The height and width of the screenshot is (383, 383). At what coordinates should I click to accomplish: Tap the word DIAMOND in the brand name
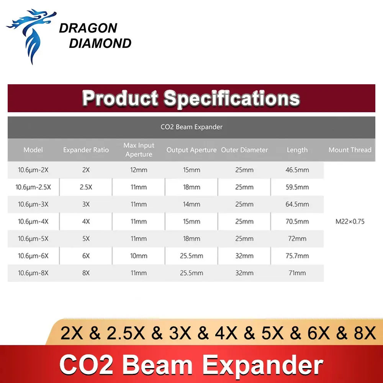coord(100,44)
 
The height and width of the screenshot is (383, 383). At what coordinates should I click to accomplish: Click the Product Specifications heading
coord(191,98)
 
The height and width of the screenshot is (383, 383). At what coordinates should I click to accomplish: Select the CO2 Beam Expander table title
coord(191,127)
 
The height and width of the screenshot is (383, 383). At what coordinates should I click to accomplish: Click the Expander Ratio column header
coord(86,150)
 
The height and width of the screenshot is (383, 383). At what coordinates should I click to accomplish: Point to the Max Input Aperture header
coord(139,150)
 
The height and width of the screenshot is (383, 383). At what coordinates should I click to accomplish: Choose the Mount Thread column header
coord(350,150)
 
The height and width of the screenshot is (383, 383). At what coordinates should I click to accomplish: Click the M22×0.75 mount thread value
coord(350,221)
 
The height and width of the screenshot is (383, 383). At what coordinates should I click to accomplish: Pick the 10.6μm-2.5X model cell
coord(33,187)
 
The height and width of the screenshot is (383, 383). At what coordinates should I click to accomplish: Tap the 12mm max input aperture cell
coord(139,170)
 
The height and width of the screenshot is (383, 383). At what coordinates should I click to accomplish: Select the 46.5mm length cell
coord(297,170)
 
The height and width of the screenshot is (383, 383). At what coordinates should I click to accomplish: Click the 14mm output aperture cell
coord(191,204)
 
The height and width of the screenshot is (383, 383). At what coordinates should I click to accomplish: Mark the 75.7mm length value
coord(297,256)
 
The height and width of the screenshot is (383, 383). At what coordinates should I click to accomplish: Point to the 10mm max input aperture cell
coord(139,256)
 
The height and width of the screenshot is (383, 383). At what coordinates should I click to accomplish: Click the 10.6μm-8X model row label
coord(33,273)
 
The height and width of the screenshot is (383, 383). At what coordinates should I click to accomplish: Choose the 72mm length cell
coord(297,239)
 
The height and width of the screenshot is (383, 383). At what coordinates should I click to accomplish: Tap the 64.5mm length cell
coord(297,204)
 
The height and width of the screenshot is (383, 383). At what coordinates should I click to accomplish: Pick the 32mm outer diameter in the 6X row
coord(244,256)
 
